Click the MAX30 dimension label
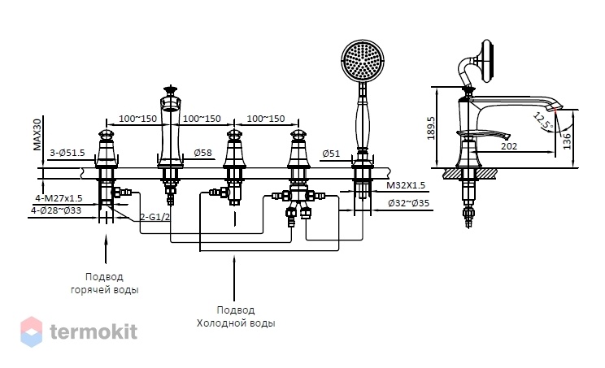37,135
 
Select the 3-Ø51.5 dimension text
67,153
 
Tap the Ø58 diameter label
203,153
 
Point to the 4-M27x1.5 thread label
59,198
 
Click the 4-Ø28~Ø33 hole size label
56,210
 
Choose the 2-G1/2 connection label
155,217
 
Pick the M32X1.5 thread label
406,185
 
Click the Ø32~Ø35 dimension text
408,203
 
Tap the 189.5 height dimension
431,128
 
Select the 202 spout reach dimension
509,146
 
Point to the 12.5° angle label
544,120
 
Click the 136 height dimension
567,141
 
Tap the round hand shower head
363,60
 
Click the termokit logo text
94,331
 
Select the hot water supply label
105,284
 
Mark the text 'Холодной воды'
236,323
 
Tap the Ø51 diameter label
331,154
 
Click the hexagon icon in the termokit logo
31,331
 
